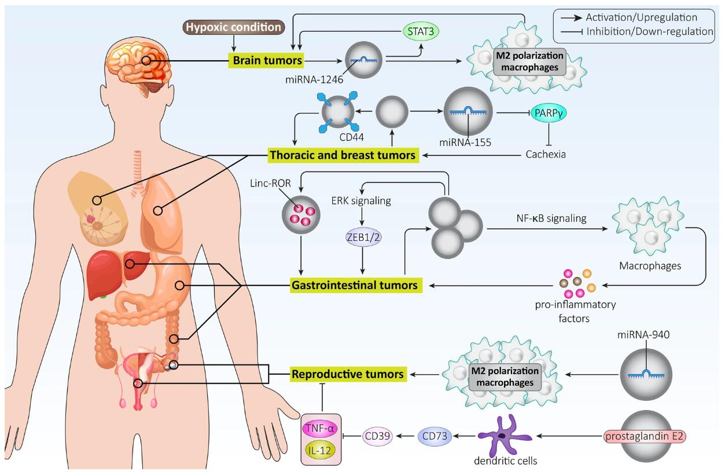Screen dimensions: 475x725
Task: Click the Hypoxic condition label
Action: click(x=233, y=27)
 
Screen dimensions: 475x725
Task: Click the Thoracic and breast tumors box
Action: click(x=342, y=155)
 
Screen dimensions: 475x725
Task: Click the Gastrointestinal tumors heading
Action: click(x=354, y=285)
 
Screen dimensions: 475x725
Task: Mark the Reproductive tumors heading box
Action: click(x=347, y=374)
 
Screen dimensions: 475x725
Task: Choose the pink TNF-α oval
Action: click(x=321, y=429)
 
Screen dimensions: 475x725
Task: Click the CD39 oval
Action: click(x=378, y=434)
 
